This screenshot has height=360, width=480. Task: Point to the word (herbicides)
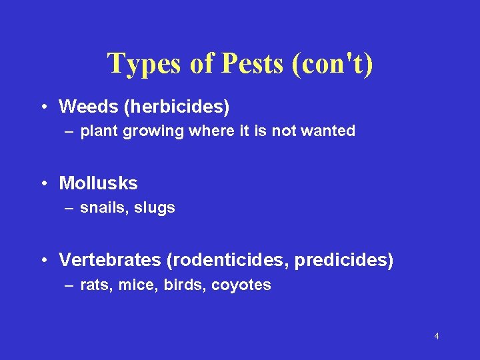pyautogui.click(x=174, y=106)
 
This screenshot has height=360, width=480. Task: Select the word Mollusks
pyautogui.click(x=98, y=183)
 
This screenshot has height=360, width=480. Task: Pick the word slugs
pyautogui.click(x=155, y=208)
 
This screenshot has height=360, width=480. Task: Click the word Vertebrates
pyautogui.click(x=109, y=259)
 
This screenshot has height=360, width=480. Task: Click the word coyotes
pyautogui.click(x=241, y=285)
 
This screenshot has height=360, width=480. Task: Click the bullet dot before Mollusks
pyautogui.click(x=43, y=183)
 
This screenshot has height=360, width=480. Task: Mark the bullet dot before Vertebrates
pyautogui.click(x=43, y=260)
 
